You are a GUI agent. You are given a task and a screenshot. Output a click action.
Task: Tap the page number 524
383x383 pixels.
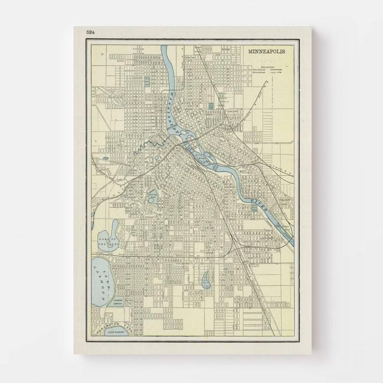(x=90, y=32)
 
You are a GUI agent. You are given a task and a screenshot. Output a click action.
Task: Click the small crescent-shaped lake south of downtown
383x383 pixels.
(x=206, y=278)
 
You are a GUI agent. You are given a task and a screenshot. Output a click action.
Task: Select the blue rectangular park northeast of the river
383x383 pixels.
(x=210, y=106)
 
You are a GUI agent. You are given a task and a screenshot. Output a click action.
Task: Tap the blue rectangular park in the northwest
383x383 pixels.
(x=148, y=82)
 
